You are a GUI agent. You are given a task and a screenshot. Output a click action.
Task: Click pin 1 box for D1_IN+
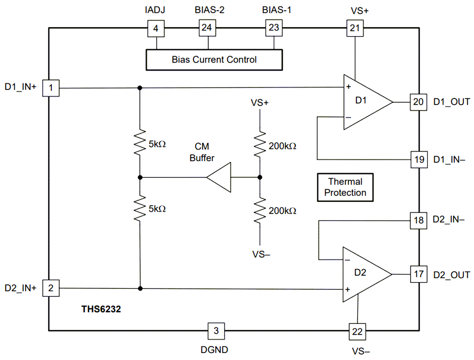(51, 88)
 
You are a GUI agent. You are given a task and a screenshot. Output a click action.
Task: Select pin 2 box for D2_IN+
(51, 288)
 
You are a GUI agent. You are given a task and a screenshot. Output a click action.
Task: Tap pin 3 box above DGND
(216, 331)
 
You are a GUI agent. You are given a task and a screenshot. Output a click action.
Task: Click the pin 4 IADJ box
(156, 29)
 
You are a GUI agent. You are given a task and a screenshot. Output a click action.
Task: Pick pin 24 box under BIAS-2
(207, 28)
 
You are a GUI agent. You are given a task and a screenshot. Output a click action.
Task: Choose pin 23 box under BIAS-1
(274, 28)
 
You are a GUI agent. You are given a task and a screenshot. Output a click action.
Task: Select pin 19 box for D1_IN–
(418, 159)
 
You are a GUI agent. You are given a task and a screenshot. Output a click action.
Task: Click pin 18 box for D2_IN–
(418, 220)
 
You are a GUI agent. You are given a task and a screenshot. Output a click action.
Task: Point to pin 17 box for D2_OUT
(418, 274)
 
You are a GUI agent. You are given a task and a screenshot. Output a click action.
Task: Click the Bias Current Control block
(214, 60)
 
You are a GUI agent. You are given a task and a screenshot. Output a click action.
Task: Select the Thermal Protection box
(345, 187)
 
